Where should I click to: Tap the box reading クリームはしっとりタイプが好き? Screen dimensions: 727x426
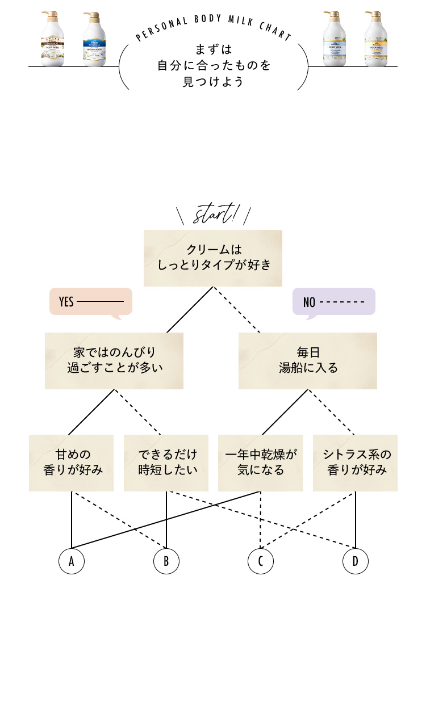pyautogui.click(x=213, y=258)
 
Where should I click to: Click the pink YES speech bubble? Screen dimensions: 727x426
pyautogui.click(x=91, y=301)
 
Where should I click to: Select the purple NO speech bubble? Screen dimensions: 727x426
pyautogui.click(x=333, y=301)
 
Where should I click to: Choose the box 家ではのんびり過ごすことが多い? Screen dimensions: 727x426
pyautogui.click(x=114, y=360)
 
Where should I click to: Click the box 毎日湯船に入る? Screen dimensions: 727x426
pyautogui.click(x=307, y=360)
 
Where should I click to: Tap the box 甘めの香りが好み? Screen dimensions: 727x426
pyautogui.click(x=72, y=463)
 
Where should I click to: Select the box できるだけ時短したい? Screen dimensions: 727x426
pyautogui.click(x=166, y=463)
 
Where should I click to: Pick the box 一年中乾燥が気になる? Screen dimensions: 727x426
pyautogui.click(x=260, y=463)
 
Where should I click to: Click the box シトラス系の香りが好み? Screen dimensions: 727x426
pyautogui.click(x=355, y=463)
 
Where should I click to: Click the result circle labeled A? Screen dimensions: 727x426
pyautogui.click(x=72, y=561)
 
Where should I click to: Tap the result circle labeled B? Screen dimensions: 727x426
pyautogui.click(x=166, y=561)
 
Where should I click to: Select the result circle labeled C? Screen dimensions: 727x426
pyautogui.click(x=261, y=561)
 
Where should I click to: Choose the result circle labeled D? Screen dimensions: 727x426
pyautogui.click(x=356, y=561)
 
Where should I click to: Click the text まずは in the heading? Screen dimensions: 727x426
pyautogui.click(x=213, y=50)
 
